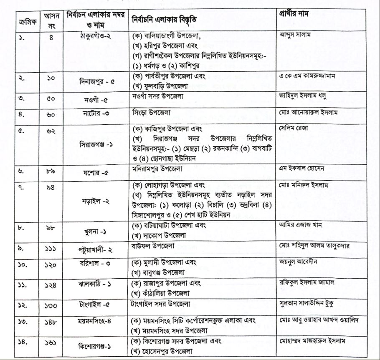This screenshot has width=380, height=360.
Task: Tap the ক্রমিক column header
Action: click(x=26, y=20)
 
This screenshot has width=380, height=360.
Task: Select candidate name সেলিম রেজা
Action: click(x=293, y=128)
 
